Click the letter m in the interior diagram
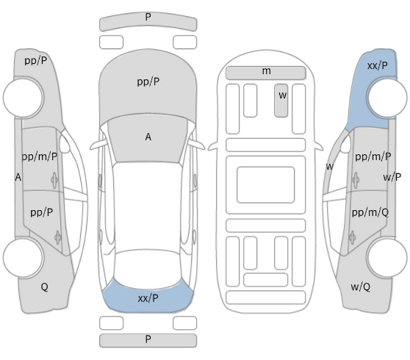tap(266, 71)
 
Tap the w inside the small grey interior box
tap(282, 96)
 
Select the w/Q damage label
tap(360, 287)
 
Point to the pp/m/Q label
tap(370, 212)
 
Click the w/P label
tap(392, 177)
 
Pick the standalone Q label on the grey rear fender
tap(44, 287)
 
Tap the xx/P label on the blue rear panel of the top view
tap(148, 298)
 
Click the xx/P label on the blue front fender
tap(378, 65)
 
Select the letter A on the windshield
tap(148, 137)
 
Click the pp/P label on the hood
tap(148, 82)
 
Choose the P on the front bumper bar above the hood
tap(148, 17)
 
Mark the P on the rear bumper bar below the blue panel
tap(148, 339)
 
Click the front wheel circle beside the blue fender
tap(387, 98)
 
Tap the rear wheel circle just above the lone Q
tap(23, 258)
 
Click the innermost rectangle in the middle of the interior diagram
tap(266, 185)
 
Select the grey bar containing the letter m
tap(266, 73)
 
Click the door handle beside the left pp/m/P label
tap(54, 180)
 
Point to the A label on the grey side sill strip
tap(18, 177)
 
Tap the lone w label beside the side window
tap(329, 166)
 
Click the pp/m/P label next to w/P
tap(373, 156)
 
